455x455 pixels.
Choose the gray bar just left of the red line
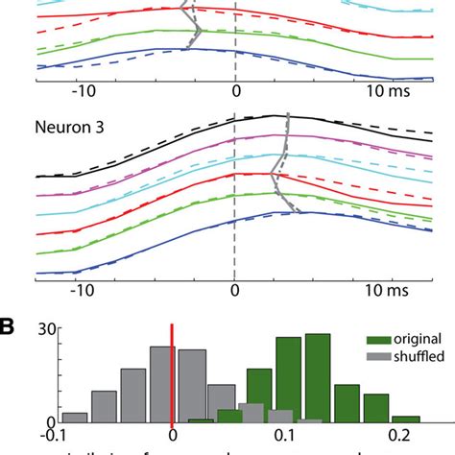161,385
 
